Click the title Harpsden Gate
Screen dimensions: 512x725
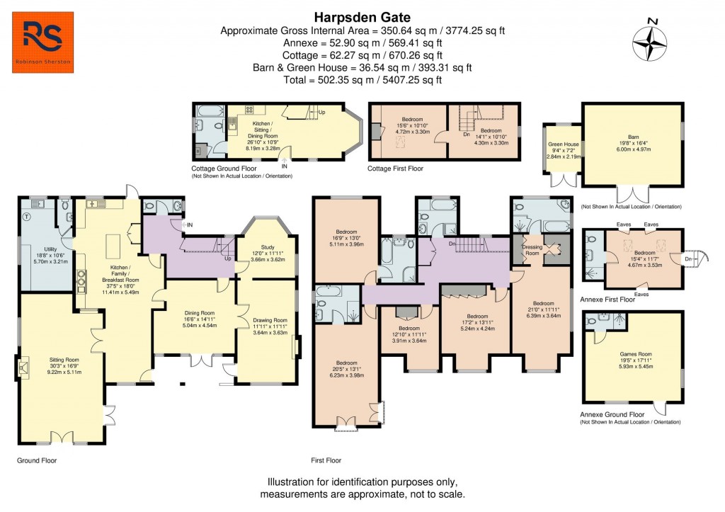click(362, 17)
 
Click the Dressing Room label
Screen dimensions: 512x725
click(532, 250)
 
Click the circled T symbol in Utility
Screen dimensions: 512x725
click(26, 216)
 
